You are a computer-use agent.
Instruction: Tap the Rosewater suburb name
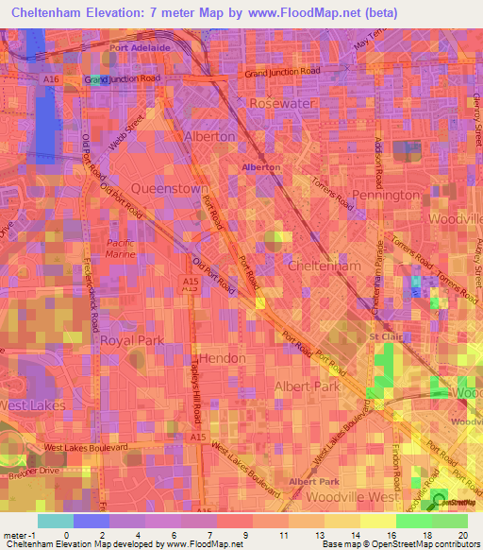tap(280, 102)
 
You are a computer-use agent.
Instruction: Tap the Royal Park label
tap(132, 339)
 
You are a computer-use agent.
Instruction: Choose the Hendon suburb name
tap(224, 358)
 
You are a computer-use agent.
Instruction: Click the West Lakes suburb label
tap(32, 404)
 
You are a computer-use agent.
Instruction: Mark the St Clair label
tap(386, 336)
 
